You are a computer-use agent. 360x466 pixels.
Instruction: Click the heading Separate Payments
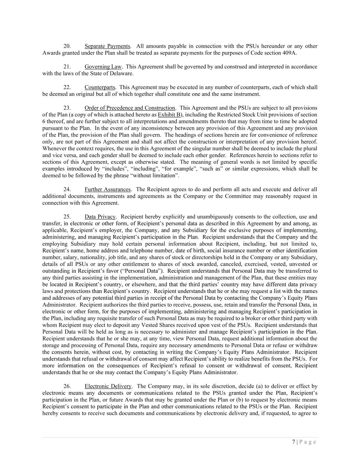pyautogui.click(x=107, y=46)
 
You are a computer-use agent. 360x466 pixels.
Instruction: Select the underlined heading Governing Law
pyautogui.click(x=103, y=67)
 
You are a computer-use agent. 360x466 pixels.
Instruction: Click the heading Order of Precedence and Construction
pyautogui.click(x=130, y=108)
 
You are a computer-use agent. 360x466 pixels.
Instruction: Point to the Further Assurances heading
pyautogui.click(x=107, y=189)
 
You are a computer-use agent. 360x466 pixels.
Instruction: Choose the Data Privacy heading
pyautogui.click(x=100, y=216)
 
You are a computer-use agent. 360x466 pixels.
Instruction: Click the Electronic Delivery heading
pyautogui.click(x=108, y=386)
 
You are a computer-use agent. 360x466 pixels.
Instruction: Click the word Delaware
pyautogui.click(x=122, y=73)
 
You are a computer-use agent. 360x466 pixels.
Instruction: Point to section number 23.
pyautogui.click(x=67, y=108)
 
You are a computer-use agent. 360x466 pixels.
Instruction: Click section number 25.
pyautogui.click(x=67, y=216)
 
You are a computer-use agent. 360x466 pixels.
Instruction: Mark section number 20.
pyautogui.click(x=67, y=46)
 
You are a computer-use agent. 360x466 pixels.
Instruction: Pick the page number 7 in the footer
pyautogui.click(x=294, y=442)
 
